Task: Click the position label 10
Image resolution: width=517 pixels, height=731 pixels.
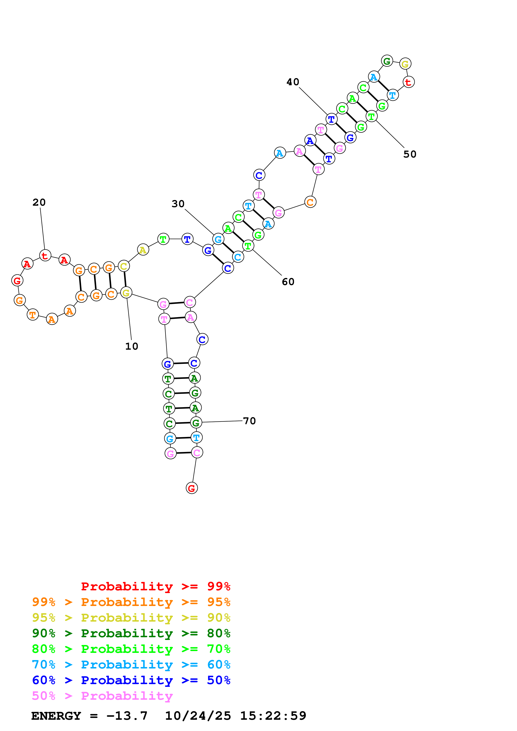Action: tap(132, 346)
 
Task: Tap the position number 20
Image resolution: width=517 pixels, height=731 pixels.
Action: tap(39, 203)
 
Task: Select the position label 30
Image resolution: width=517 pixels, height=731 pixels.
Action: tap(178, 204)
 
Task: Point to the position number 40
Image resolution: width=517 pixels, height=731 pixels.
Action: tap(293, 82)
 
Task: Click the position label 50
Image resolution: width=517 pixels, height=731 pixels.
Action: tap(410, 154)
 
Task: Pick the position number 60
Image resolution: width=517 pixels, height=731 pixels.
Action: tap(288, 282)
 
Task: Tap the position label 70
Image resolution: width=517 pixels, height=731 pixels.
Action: tap(249, 421)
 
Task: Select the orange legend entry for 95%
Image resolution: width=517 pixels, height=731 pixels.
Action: tap(131, 602)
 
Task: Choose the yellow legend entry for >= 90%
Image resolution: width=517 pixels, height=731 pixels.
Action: tap(131, 618)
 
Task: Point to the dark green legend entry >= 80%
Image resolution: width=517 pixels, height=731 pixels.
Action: tap(131, 633)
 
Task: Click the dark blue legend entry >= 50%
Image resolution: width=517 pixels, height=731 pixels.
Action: tap(131, 680)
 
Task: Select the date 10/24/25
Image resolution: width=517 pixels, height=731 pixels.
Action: tap(198, 716)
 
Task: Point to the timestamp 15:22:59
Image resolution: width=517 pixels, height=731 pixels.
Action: tap(273, 716)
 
